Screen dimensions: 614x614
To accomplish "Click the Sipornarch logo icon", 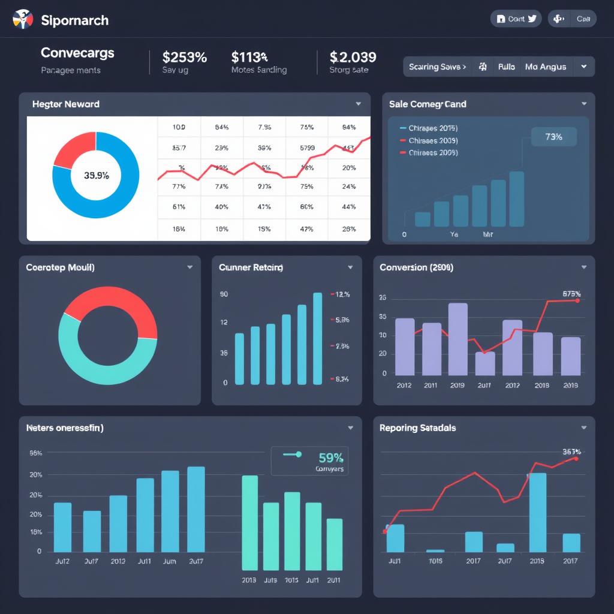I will pyautogui.click(x=22, y=19).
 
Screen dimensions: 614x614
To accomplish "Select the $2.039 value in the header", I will pyautogui.click(x=353, y=57).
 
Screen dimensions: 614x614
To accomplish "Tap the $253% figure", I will pyautogui.click(x=184, y=57).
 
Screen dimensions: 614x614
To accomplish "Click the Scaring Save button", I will pyautogui.click(x=437, y=67).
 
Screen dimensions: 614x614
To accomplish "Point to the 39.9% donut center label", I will pyautogui.click(x=96, y=176).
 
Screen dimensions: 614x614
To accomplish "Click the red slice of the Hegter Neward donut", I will pyautogui.click(x=76, y=148).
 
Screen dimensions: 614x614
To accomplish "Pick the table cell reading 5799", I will pyautogui.click(x=307, y=148).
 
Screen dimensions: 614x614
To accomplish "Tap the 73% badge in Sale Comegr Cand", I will pyautogui.click(x=553, y=137).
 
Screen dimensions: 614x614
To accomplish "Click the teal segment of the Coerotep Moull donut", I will pyautogui.click(x=102, y=366).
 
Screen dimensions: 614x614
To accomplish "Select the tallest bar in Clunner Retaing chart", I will pyautogui.click(x=317, y=338).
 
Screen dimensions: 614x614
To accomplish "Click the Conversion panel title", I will pyautogui.click(x=416, y=267).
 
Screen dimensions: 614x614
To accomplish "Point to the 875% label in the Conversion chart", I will pyautogui.click(x=571, y=294).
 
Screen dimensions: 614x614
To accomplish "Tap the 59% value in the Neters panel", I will pyautogui.click(x=330, y=458).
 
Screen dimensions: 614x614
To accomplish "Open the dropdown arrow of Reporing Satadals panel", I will pyautogui.click(x=583, y=428).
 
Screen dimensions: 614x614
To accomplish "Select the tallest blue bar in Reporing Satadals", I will pyautogui.click(x=537, y=512).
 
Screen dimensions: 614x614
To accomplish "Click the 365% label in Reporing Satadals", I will pyautogui.click(x=571, y=452).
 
